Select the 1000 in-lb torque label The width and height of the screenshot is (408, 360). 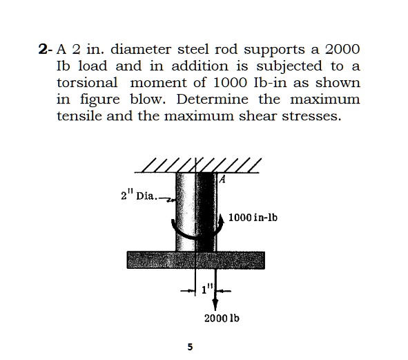click(x=253, y=218)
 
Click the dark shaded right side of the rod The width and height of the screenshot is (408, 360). click(x=208, y=207)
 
